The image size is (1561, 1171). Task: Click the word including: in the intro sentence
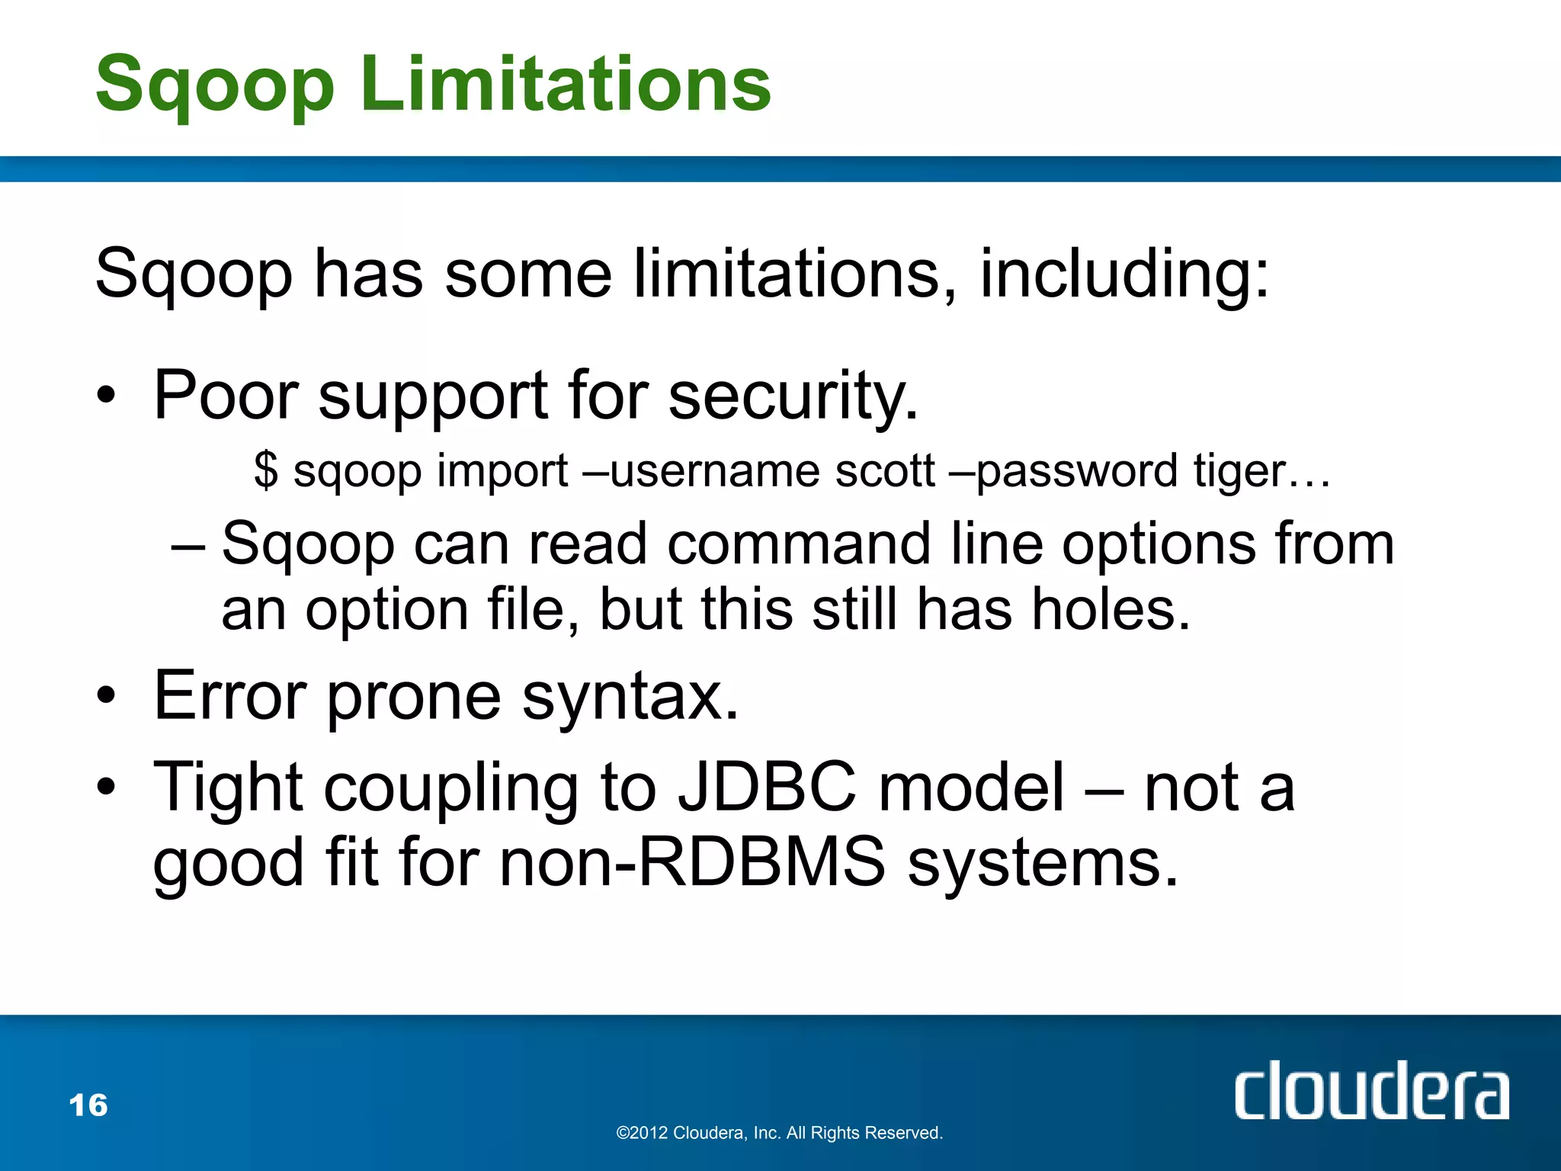[1124, 274]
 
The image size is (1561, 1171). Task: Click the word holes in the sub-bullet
[1101, 610]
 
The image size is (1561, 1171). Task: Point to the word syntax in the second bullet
[630, 697]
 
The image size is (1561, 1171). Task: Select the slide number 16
[88, 1105]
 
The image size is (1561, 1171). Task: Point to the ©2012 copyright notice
[779, 1133]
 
